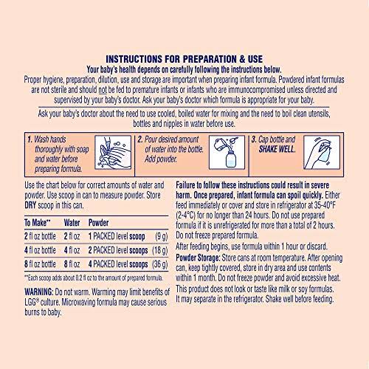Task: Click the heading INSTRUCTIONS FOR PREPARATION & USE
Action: click(x=184, y=58)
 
